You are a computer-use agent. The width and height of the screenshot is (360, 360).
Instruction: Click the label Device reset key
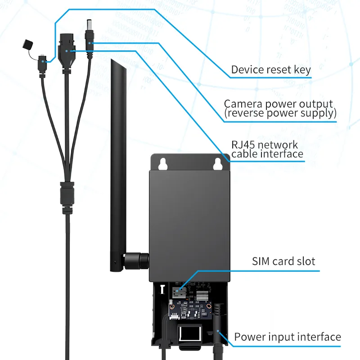click(x=270, y=70)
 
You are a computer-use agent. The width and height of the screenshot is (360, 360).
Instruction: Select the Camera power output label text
click(x=279, y=104)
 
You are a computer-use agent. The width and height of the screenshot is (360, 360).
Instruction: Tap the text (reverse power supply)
click(x=280, y=113)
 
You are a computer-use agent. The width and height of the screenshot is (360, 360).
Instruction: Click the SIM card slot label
click(x=283, y=261)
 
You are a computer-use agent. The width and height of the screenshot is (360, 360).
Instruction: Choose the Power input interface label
click(x=288, y=337)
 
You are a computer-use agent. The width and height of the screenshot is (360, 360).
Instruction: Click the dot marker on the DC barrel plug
click(x=90, y=43)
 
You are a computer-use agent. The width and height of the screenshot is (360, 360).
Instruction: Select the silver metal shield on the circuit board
click(x=201, y=295)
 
